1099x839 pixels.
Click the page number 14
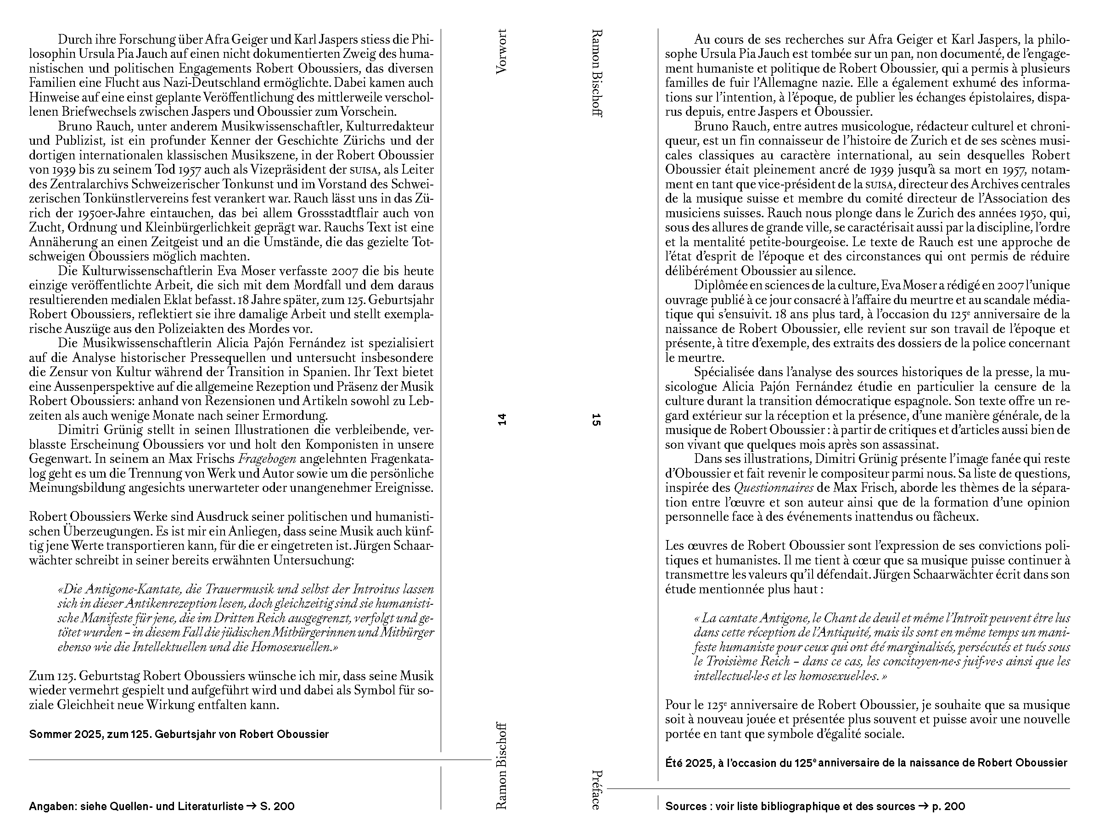click(x=502, y=420)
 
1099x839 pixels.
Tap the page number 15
click(x=596, y=420)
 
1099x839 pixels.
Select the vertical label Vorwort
click(x=502, y=52)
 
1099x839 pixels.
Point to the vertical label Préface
click(x=596, y=789)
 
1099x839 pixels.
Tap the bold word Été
click(x=674, y=763)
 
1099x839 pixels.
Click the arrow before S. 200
click(x=251, y=806)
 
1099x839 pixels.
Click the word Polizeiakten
click(x=187, y=329)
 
